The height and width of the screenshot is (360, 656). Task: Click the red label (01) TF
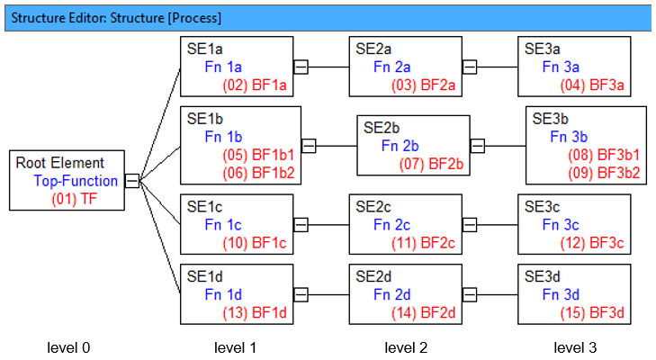point(75,198)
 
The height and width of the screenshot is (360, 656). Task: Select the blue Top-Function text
point(76,181)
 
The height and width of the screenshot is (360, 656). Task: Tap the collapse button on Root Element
point(132,181)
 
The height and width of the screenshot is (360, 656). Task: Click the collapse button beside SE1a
point(301,67)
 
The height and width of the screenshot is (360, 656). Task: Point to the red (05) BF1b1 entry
point(258,155)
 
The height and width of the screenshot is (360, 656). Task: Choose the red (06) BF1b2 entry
point(258,173)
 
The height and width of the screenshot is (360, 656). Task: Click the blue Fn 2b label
point(400,146)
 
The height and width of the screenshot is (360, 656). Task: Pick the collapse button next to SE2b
point(478,146)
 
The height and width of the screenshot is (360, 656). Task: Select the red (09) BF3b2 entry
point(604,173)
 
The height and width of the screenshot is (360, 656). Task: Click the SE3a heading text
point(543,49)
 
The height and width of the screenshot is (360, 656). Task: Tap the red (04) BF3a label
point(592,85)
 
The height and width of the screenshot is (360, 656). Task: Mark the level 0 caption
point(68,347)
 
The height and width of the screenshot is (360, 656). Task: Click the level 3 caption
point(575,347)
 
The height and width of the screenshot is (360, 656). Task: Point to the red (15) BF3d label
point(592,312)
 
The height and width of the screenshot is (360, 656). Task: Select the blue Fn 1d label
point(223,294)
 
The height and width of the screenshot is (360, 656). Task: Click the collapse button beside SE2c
point(470,225)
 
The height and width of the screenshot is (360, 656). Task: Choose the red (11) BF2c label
point(423,243)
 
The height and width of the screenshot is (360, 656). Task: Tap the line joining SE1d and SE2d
point(328,294)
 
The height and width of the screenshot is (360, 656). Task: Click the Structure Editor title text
point(116,18)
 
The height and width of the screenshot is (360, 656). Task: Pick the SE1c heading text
point(204,207)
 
